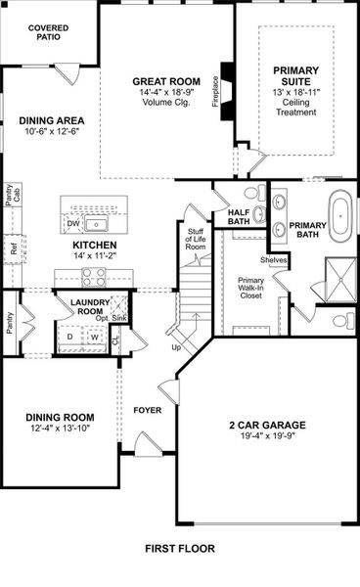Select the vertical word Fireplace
214,94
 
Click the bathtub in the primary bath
340,217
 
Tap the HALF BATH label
239,216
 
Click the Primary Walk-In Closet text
252,291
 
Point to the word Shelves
273,259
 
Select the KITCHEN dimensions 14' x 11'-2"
95,254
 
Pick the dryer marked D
69,338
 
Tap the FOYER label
148,411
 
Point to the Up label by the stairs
176,347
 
